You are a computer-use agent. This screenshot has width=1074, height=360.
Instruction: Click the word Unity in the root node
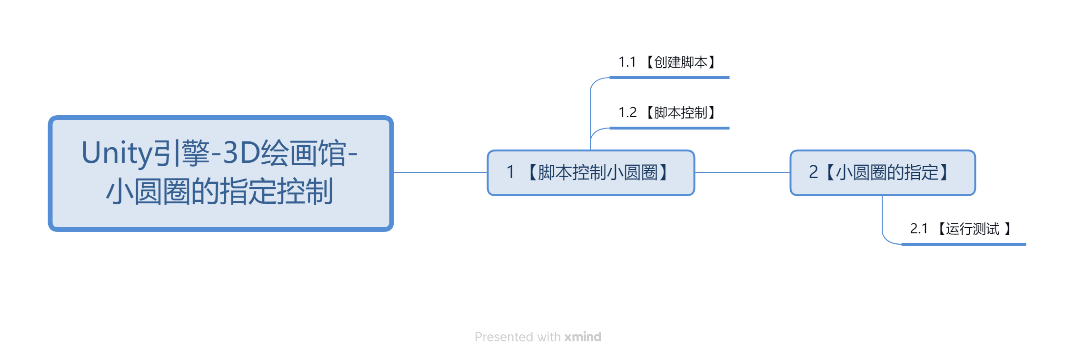117,153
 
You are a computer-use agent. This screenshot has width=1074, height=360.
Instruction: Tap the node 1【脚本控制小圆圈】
591,173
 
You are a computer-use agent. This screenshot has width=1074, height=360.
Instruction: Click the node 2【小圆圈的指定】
883,173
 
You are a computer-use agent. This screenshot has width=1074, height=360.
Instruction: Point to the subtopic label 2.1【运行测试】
961,229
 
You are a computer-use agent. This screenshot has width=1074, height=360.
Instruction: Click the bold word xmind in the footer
583,337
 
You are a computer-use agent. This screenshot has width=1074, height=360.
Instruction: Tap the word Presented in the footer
504,337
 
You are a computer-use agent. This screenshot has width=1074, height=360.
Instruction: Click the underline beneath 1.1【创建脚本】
669,77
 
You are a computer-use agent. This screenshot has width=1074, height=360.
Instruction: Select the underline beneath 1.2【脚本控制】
669,128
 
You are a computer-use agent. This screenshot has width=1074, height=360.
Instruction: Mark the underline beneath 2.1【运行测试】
964,244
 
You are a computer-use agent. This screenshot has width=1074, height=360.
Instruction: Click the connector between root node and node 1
440,172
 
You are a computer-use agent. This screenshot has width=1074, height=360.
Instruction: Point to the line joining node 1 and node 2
743,172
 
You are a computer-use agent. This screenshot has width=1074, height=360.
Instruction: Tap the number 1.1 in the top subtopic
627,62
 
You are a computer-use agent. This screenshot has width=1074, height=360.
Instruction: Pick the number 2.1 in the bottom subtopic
919,229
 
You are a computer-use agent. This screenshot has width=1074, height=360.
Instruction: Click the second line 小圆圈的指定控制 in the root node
219,191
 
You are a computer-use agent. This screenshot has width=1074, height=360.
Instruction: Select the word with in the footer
549,337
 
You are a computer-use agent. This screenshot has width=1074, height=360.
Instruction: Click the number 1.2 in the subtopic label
627,112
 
